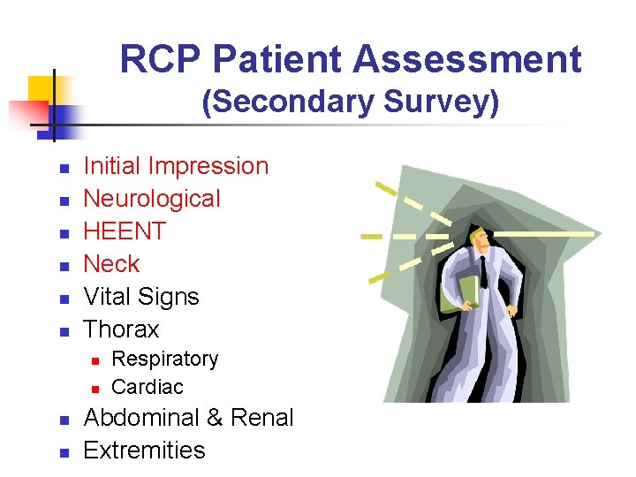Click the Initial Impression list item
175,166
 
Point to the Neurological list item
151,199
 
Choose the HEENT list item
125,231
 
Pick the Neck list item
111,264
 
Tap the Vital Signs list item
140,297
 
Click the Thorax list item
121,329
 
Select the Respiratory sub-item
164,360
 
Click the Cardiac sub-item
148,387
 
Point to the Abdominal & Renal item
187,418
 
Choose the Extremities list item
143,450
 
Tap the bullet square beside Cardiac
97,389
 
